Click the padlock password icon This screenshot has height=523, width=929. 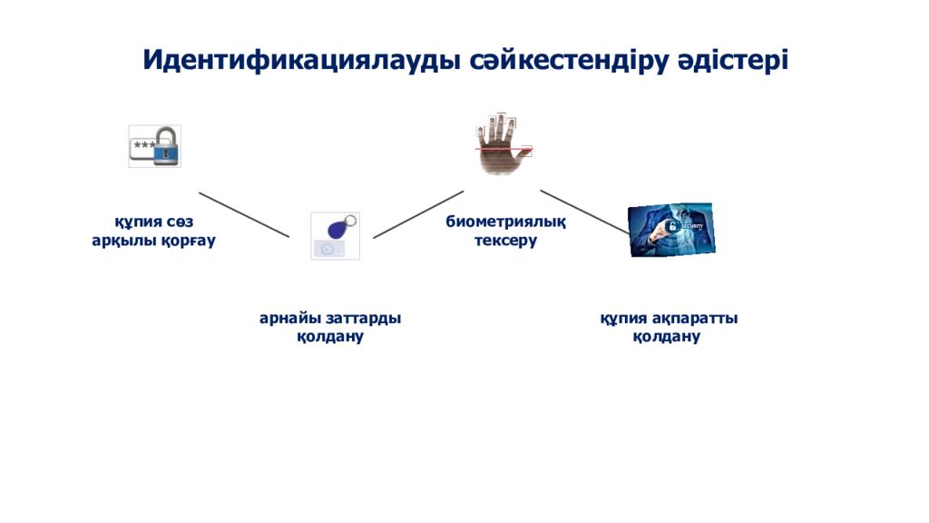tap(155, 146)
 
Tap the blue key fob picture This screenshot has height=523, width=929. tap(335, 235)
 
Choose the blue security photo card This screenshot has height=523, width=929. tap(671, 229)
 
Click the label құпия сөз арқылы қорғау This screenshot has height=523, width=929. tap(153, 232)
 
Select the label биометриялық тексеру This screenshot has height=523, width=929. tap(505, 232)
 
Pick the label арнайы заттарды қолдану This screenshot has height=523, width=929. tap(330, 327)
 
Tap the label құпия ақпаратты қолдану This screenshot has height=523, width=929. tap(668, 327)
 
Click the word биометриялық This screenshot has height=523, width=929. tap(505, 222)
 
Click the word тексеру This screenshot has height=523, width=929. tap(505, 242)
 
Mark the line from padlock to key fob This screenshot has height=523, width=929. tap(244, 215)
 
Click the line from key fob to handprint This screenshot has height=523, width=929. tap(418, 214)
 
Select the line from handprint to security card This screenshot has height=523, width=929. tap(583, 212)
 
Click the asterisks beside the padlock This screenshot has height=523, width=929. tap(142, 146)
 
